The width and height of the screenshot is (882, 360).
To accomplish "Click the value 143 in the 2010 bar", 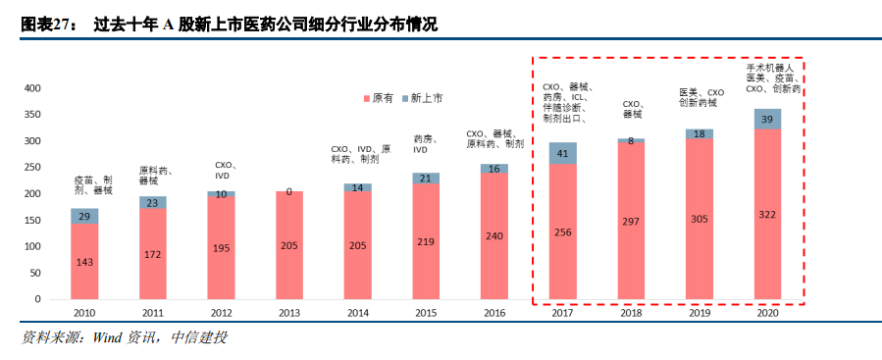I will (x=84, y=262).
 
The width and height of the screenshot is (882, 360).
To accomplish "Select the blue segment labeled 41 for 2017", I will (x=562, y=153).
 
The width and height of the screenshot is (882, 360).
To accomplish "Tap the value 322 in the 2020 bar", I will (x=767, y=214).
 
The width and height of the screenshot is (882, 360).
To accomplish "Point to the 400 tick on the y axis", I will (x=32, y=88).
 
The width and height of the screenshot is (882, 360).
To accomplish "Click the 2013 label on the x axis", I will (x=288, y=312).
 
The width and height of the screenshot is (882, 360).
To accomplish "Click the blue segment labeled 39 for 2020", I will (x=767, y=119).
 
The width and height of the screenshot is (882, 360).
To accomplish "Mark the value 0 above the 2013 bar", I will (x=288, y=191).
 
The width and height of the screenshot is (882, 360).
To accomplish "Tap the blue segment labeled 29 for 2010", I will (x=84, y=216).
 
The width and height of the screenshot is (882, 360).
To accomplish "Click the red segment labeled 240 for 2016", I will (x=493, y=236).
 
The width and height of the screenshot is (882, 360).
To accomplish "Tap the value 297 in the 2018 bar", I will (x=631, y=221).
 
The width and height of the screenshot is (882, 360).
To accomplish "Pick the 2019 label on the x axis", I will (x=699, y=312).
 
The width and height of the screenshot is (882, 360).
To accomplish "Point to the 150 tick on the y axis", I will (x=32, y=220).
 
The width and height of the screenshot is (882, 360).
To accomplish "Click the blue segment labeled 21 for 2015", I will (x=426, y=179).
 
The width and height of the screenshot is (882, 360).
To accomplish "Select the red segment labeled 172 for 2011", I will (x=152, y=254).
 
